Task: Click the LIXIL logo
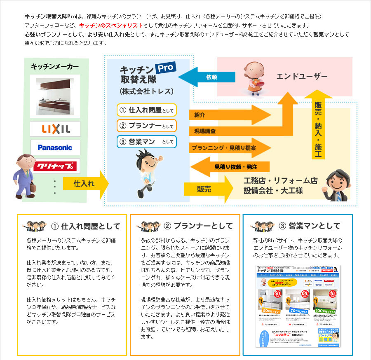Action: pos(55,129)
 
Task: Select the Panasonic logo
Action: pos(55,147)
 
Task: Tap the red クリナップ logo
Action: pos(55,166)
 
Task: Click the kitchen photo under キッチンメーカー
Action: pos(55,97)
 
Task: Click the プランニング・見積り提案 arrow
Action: pos(229,147)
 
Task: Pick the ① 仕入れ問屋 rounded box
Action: pos(146,110)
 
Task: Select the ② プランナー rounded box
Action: pos(146,126)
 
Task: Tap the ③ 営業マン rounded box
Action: pos(146,142)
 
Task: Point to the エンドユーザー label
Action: pos(302,77)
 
